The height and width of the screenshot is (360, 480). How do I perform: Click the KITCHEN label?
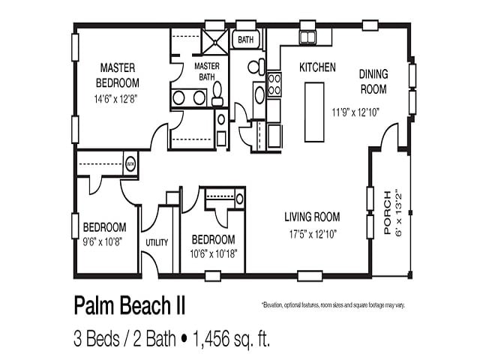pos(317,67)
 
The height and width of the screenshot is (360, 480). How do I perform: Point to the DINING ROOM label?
pos(373,82)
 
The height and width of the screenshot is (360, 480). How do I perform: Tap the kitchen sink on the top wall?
pos(307,38)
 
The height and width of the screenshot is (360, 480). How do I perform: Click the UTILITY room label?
pos(157,242)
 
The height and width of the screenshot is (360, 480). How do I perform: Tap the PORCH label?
pos(387,214)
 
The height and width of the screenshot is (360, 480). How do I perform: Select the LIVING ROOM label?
pos(311,217)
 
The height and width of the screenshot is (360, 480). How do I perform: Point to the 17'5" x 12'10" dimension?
pos(311,234)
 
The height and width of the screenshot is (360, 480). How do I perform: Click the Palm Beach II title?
pos(129,305)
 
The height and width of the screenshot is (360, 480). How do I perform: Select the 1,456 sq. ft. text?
pos(229,338)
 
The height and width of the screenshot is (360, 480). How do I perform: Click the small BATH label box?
pos(245,39)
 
